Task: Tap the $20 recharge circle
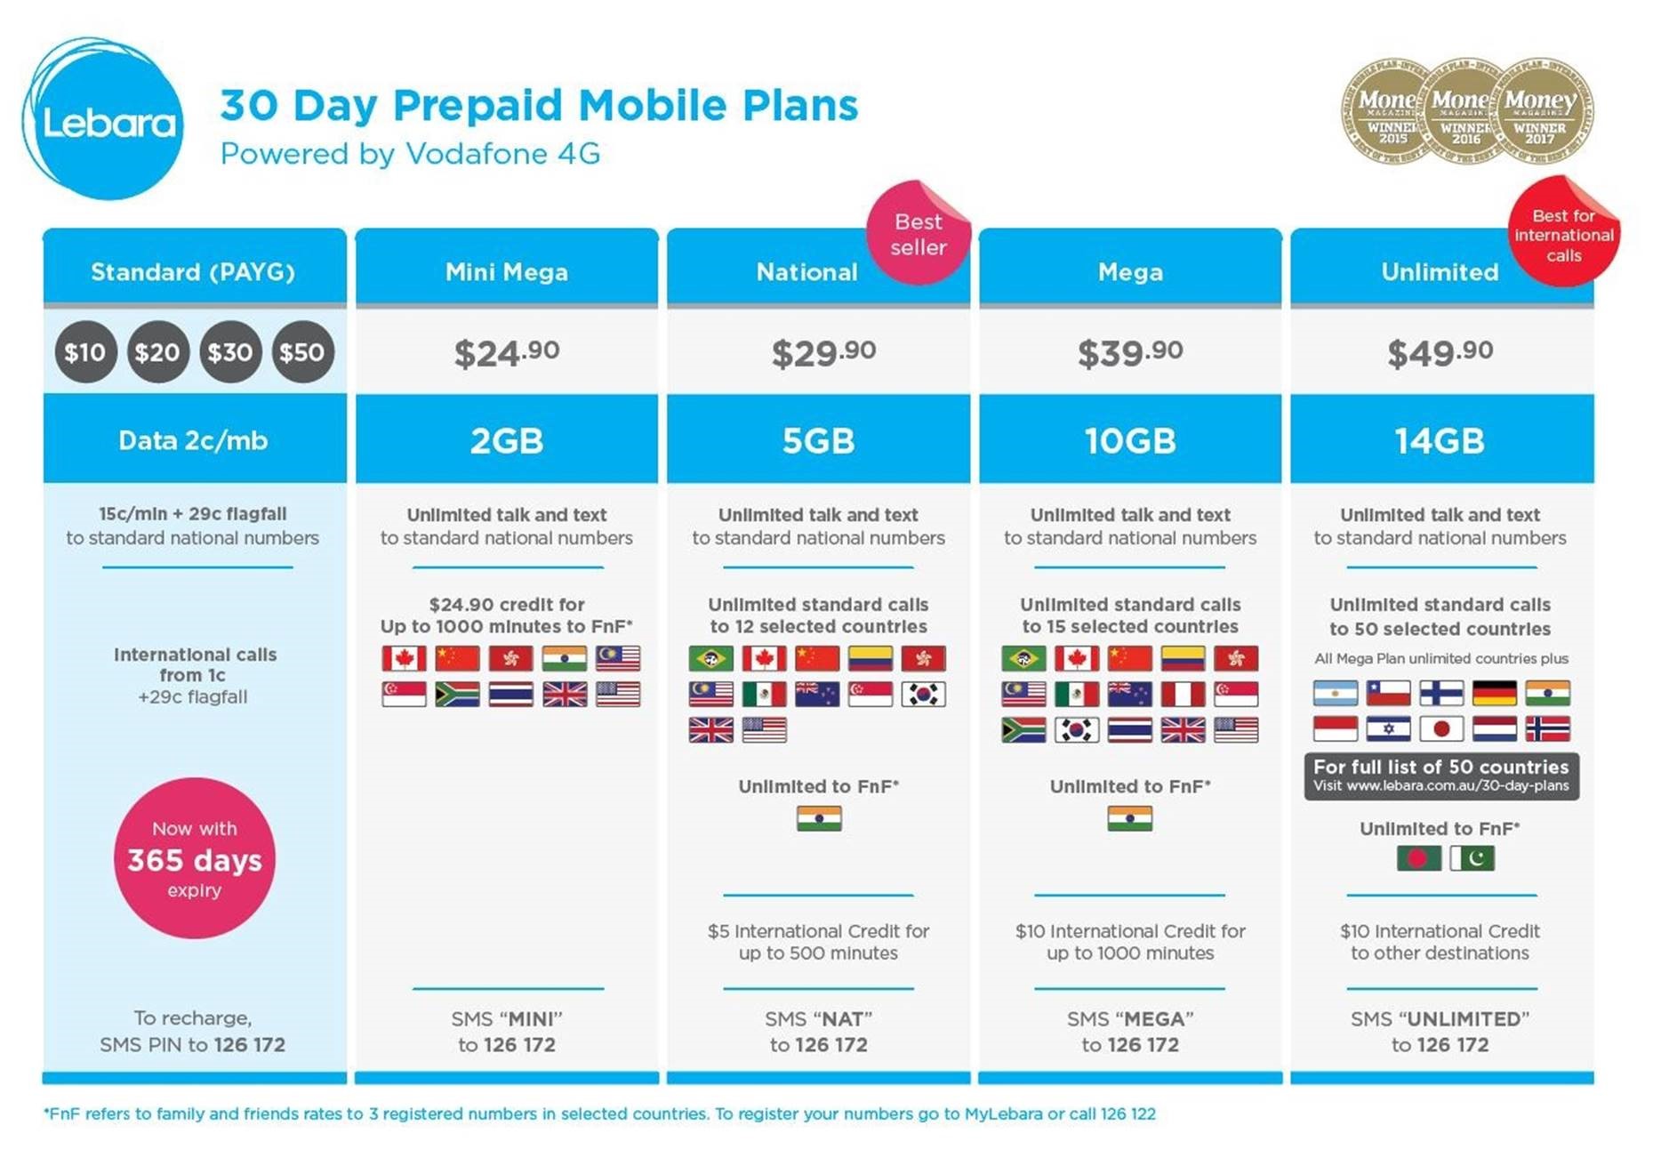pyautogui.click(x=157, y=352)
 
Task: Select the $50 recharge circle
pyautogui.click(x=302, y=352)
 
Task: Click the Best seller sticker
pyautogui.click(x=919, y=233)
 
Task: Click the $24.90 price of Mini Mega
pyautogui.click(x=507, y=353)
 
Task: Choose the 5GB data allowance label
pyautogui.click(x=818, y=440)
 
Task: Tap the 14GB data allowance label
pyautogui.click(x=1440, y=440)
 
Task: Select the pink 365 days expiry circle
pyautogui.click(x=195, y=858)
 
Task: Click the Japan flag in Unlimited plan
pyautogui.click(x=1441, y=729)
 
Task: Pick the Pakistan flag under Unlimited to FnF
pyautogui.click(x=1472, y=858)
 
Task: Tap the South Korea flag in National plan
pyautogui.click(x=924, y=695)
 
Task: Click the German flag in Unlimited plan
pyautogui.click(x=1495, y=693)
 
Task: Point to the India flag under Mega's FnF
pyautogui.click(x=1130, y=818)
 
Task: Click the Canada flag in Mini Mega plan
pyautogui.click(x=404, y=658)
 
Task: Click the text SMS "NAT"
pyautogui.click(x=818, y=1018)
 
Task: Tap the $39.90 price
pyautogui.click(x=1130, y=353)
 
